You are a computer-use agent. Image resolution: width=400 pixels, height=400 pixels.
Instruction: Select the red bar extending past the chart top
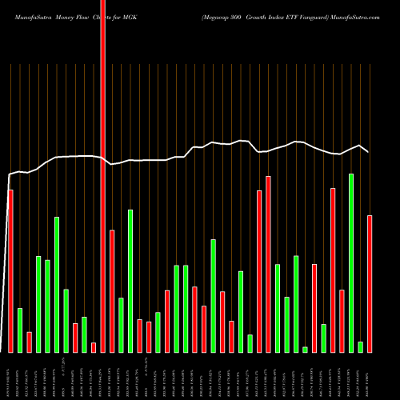(102, 160)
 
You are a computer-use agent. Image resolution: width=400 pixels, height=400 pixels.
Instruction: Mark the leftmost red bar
(10, 271)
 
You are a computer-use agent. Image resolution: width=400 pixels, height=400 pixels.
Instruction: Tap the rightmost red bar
(370, 284)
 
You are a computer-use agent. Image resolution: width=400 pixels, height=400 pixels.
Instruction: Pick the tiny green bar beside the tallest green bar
(361, 347)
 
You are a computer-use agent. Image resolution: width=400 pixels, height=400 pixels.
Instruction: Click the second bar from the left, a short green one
(20, 330)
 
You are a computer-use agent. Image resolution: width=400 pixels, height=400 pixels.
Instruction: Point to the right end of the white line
(368, 151)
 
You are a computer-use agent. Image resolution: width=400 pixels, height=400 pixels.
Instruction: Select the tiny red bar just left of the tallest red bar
(94, 347)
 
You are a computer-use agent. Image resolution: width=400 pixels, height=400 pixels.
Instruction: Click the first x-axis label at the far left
(10, 376)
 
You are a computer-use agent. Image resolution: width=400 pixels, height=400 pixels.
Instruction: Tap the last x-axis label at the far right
(370, 376)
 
